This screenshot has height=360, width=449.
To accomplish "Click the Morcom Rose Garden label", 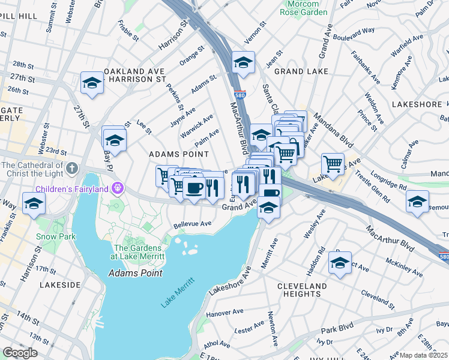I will [x=306, y=8].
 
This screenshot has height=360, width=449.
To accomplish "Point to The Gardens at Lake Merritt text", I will [x=137, y=252].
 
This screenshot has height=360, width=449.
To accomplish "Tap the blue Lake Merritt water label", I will [x=178, y=293].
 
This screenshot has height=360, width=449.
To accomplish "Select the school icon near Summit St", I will [x=92, y=83].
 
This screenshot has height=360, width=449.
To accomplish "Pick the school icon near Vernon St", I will [x=243, y=62].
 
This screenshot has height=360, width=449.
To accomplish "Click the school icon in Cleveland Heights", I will [x=340, y=262].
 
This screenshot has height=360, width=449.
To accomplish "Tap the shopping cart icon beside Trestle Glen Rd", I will [x=333, y=163].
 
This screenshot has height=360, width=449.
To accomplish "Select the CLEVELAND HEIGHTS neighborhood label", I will [x=302, y=290].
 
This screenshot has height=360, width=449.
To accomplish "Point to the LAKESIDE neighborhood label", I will [x=59, y=284].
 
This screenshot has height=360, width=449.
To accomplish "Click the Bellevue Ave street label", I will [x=193, y=224].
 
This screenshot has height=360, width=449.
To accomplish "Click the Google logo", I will [x=20, y=353].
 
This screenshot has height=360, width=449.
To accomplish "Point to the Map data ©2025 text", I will [x=423, y=355].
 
